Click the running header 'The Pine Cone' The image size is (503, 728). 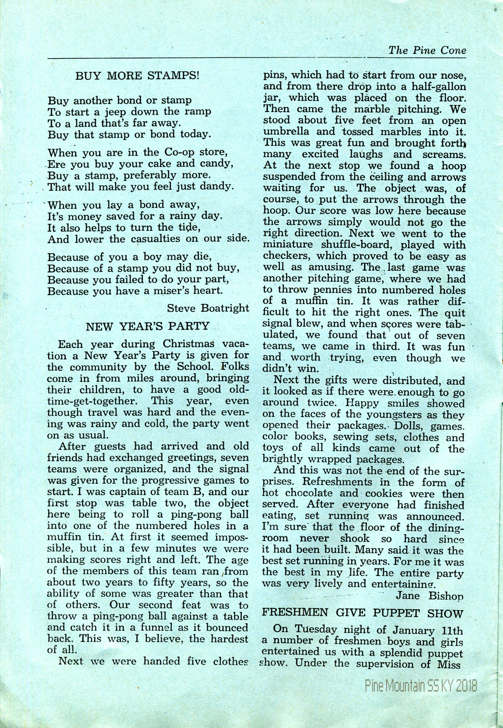click(427, 51)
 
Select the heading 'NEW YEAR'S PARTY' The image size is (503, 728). click(147, 326)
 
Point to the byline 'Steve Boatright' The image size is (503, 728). click(208, 308)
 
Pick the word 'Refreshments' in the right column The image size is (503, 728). click(322, 483)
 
